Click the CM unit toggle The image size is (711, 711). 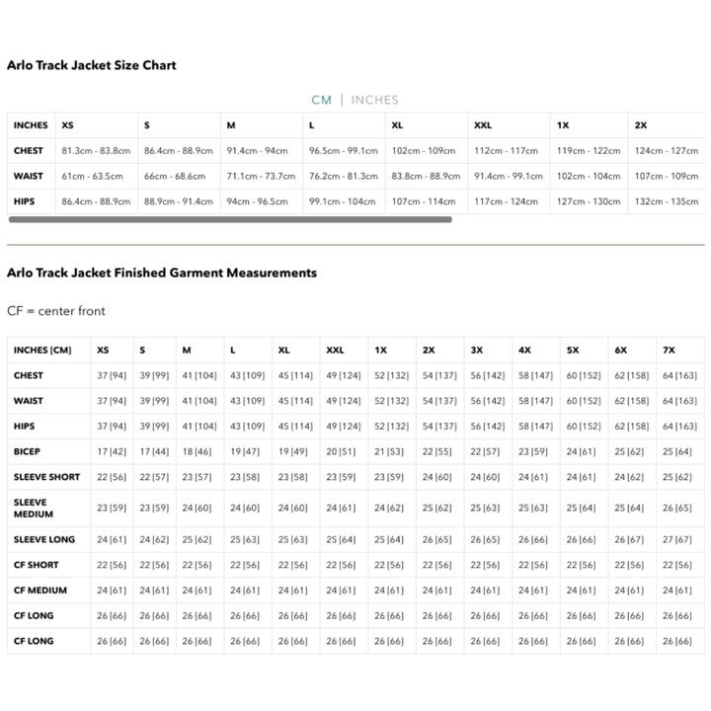pyautogui.click(x=321, y=100)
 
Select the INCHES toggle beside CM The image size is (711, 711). pyautogui.click(x=374, y=100)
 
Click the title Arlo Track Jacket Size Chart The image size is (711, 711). pyautogui.click(x=92, y=65)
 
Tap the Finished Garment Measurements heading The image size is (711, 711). pyautogui.click(x=162, y=273)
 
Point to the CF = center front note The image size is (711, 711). pyautogui.click(x=56, y=311)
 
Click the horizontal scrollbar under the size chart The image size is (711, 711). pyautogui.click(x=229, y=219)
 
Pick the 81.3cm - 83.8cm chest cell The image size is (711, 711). pyautogui.click(x=96, y=151)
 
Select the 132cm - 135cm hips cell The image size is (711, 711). pyautogui.click(x=667, y=201)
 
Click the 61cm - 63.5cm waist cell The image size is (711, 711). pyautogui.click(x=93, y=177)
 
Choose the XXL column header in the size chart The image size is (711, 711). pyautogui.click(x=483, y=125)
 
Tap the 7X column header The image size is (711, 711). pyautogui.click(x=670, y=351)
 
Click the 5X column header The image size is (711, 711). pyautogui.click(x=573, y=351)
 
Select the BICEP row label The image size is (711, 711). pyautogui.click(x=28, y=451)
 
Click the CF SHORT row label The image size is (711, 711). pyautogui.click(x=37, y=566)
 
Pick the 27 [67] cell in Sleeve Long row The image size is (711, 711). pyautogui.click(x=677, y=540)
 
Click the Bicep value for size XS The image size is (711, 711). pyautogui.click(x=111, y=451)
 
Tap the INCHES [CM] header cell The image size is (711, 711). pyautogui.click(x=43, y=351)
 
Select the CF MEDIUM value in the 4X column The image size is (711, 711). pyautogui.click(x=534, y=591)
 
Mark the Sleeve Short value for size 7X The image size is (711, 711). pyautogui.click(x=677, y=477)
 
